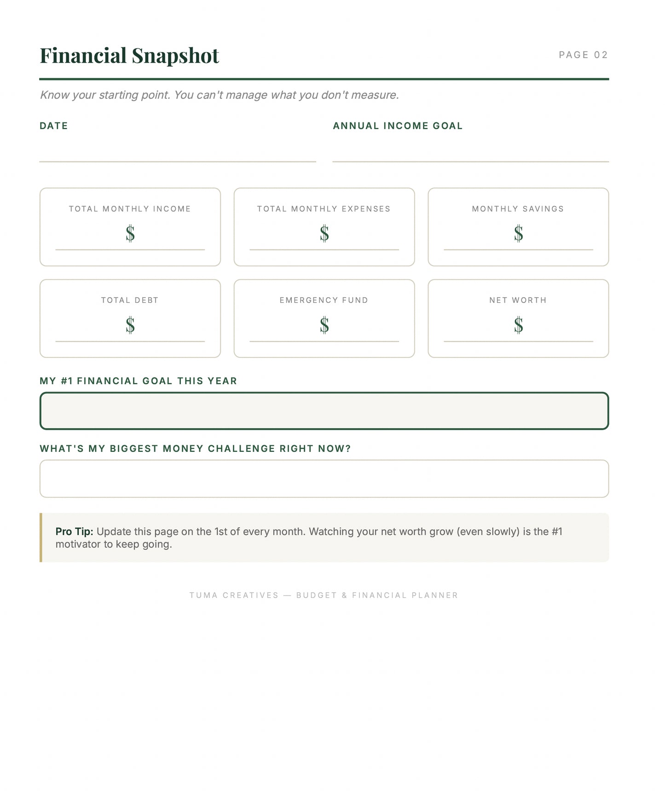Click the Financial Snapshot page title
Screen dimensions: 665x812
click(x=129, y=56)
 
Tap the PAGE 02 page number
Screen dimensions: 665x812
click(x=583, y=55)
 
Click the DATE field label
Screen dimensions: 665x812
click(x=54, y=126)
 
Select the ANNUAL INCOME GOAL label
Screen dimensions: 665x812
click(x=398, y=126)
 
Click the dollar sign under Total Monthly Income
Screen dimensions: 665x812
click(x=130, y=233)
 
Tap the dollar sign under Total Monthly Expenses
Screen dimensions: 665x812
click(x=324, y=233)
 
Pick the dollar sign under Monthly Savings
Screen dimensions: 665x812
click(x=519, y=233)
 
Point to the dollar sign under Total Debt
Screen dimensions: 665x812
click(x=130, y=325)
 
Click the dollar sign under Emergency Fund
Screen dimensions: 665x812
click(x=324, y=325)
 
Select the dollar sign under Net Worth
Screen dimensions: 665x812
click(x=519, y=325)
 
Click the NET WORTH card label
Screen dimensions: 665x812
click(x=518, y=300)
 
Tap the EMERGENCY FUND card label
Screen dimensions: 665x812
click(x=324, y=300)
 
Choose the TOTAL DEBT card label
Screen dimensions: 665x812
click(x=130, y=300)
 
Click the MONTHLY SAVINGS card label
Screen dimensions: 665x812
click(x=518, y=208)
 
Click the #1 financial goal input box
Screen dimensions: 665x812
click(x=324, y=411)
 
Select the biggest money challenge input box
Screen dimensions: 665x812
click(x=324, y=478)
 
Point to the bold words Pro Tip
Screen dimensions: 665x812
click(x=75, y=531)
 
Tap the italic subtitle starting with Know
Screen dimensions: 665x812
click(x=220, y=95)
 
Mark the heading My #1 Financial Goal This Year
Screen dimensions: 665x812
click(x=139, y=381)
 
